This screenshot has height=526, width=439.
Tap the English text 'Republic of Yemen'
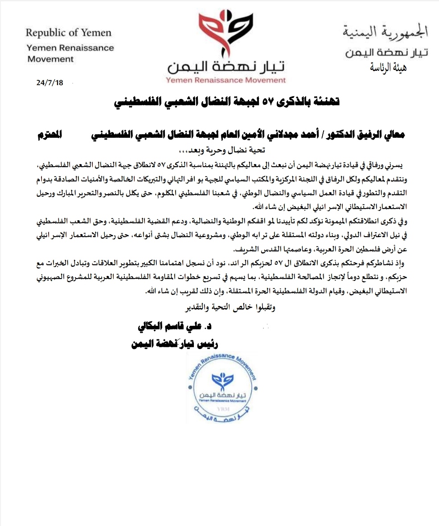click(x=68, y=33)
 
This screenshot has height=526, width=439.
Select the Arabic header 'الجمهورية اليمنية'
click(x=386, y=32)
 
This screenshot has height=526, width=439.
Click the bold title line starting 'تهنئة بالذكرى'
click(x=227, y=102)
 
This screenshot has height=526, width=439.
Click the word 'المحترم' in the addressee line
click(x=50, y=135)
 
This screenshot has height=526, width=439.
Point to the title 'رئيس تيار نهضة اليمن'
click(x=175, y=344)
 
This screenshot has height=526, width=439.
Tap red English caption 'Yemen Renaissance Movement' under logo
click(x=226, y=80)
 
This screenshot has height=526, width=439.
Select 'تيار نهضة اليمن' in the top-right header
click(x=387, y=52)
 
